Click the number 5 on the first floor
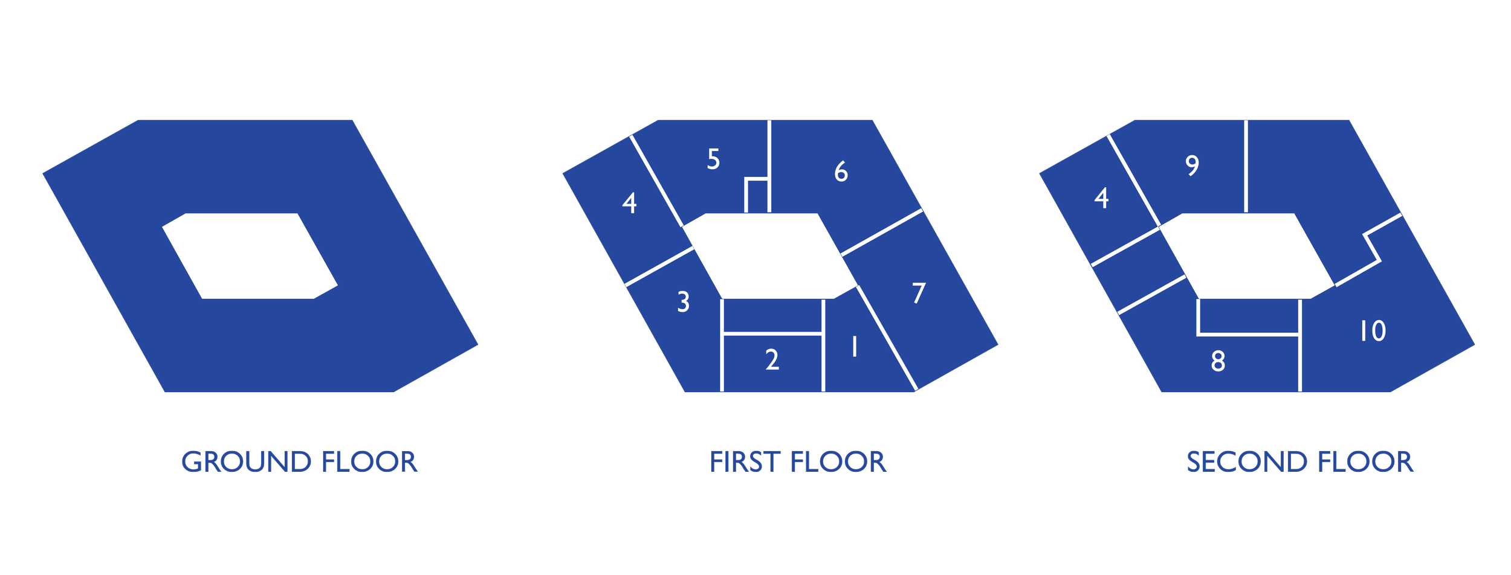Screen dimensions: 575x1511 pos(713,159)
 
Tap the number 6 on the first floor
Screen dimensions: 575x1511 pos(841,172)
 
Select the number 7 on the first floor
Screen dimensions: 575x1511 pos(919,293)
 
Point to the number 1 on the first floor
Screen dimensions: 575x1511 pos(854,347)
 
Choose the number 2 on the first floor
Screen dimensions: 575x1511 pos(772,360)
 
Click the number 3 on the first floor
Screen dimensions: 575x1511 pos(683,302)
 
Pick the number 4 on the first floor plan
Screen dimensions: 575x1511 pos(629,204)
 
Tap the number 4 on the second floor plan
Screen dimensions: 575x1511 pos(1101,199)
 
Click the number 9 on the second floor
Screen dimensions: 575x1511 pos(1192,165)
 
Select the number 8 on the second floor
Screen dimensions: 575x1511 pos(1218,361)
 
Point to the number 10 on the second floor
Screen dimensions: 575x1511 pos(1373,331)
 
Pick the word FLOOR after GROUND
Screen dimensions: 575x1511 pos(369,462)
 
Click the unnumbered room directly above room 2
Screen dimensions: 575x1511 pos(772,316)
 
